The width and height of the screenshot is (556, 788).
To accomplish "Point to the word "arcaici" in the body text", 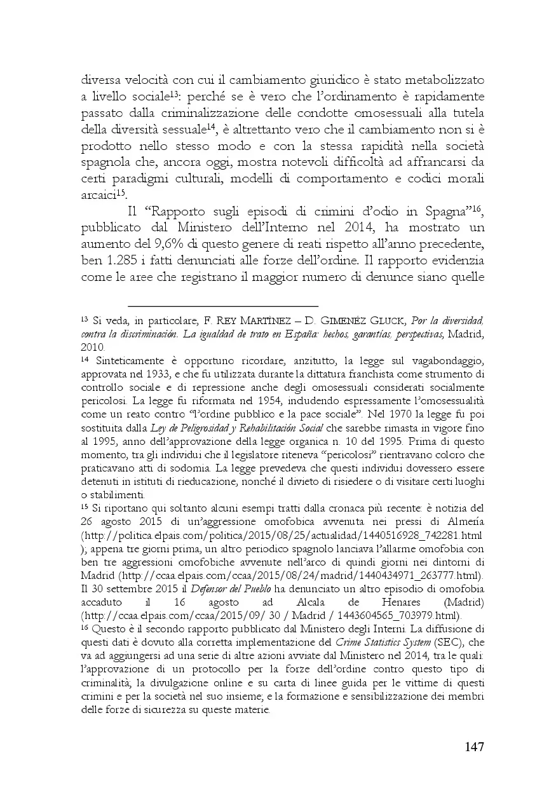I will click(x=98, y=196).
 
